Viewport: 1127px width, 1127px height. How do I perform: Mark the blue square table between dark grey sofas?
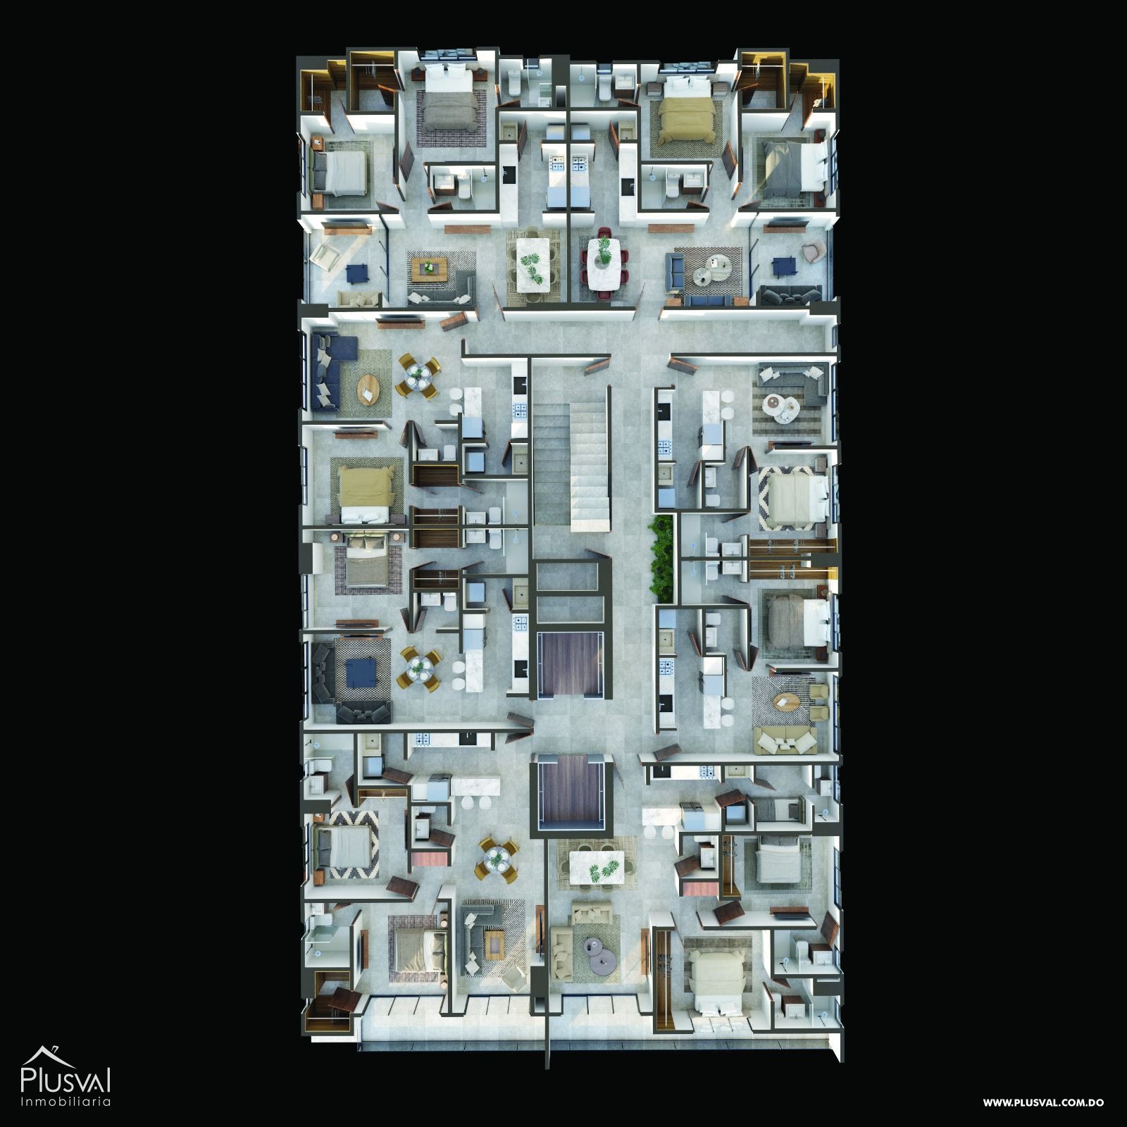click(x=362, y=677)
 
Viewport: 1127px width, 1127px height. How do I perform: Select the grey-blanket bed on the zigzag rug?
click(x=344, y=847)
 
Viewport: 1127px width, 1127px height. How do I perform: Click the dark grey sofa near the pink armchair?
click(x=789, y=295)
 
